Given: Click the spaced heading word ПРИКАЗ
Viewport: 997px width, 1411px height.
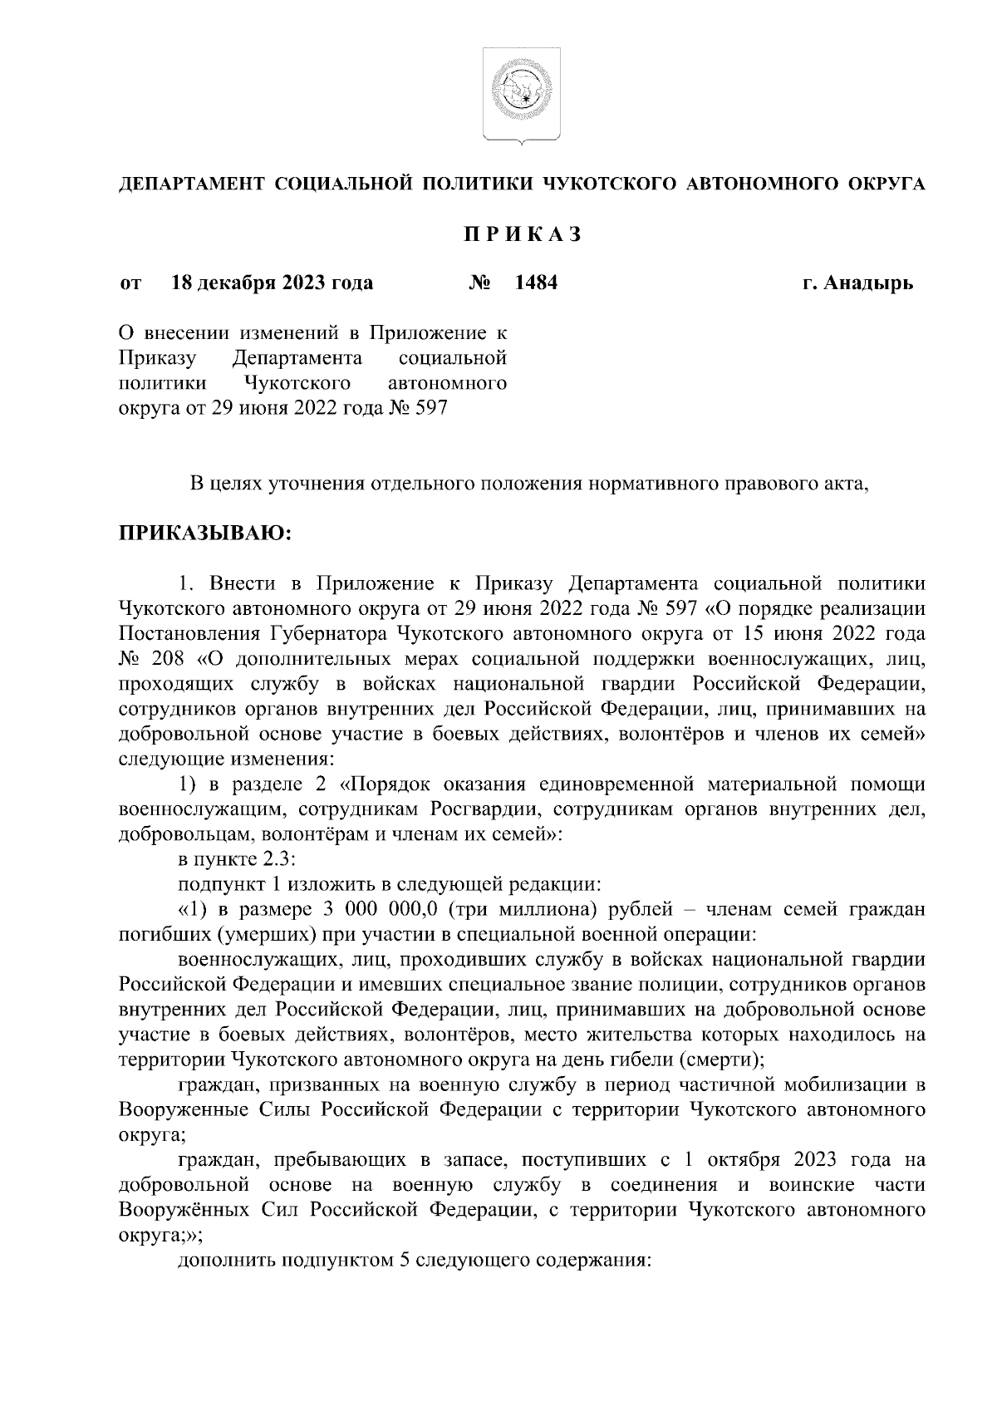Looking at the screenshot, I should (522, 235).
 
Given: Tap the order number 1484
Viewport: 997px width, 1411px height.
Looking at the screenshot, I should (536, 283).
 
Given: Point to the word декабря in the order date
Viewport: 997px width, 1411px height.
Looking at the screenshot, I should (237, 283).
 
